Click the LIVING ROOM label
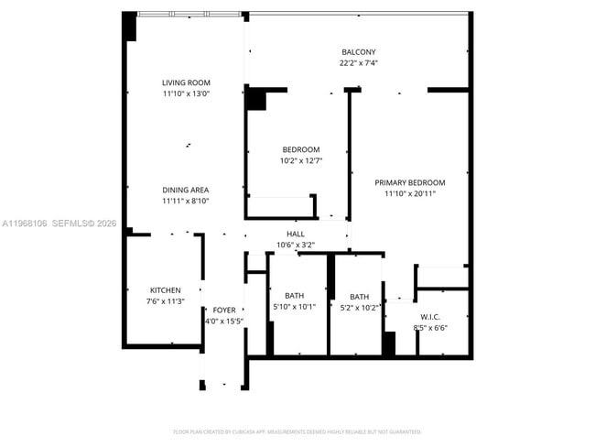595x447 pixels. (186, 82)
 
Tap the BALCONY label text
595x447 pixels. (358, 52)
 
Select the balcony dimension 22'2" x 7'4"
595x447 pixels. (358, 63)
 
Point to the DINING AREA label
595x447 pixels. (186, 190)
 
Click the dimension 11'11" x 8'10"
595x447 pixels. (186, 201)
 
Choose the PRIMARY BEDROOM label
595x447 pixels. (409, 182)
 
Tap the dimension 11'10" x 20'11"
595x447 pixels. (409, 193)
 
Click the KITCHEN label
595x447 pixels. (165, 290)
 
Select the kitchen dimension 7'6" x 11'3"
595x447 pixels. (165, 301)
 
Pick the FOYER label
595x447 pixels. (223, 311)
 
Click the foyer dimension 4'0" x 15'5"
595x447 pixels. (223, 322)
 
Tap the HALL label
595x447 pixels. (296, 234)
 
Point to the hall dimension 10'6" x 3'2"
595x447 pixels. (296, 245)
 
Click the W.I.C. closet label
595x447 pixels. (430, 316)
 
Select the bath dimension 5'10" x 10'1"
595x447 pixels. (294, 307)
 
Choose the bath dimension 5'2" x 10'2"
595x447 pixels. (359, 308)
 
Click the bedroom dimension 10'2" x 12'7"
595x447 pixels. (300, 160)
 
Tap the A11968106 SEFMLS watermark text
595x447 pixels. (59, 223)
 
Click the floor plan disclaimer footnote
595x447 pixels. (297, 431)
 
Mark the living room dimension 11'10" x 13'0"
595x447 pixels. (186, 93)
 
